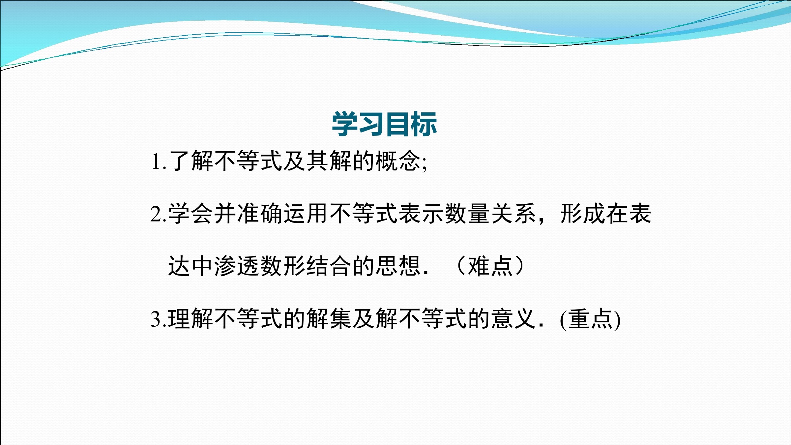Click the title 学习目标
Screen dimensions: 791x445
click(x=384, y=124)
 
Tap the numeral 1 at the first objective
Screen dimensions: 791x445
click(x=156, y=162)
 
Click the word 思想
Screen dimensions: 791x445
click(x=398, y=266)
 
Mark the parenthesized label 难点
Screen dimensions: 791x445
click(x=490, y=266)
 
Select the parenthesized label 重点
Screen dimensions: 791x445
click(x=590, y=319)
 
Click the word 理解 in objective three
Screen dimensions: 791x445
click(x=191, y=319)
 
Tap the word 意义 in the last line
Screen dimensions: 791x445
click(x=513, y=319)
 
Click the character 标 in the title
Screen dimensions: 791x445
click(x=425, y=124)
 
